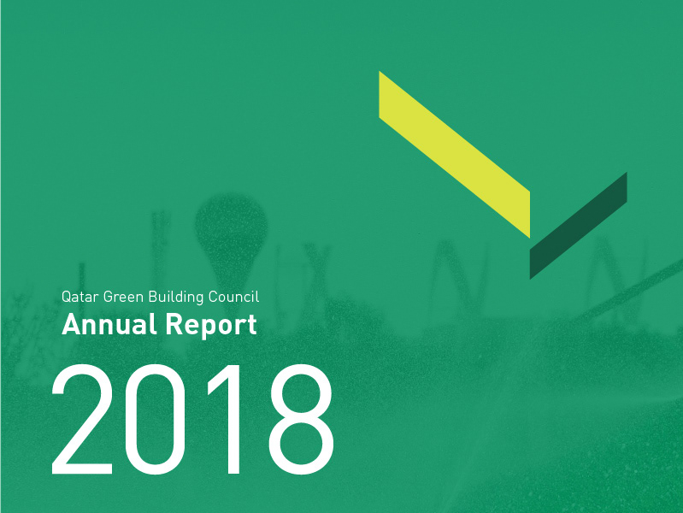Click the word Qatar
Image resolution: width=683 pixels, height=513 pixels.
point(79,297)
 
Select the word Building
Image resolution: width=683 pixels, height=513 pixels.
point(176,298)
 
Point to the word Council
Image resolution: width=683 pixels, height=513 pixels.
point(234,297)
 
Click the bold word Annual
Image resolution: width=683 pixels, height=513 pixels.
point(109,324)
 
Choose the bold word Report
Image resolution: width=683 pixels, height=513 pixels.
point(211,326)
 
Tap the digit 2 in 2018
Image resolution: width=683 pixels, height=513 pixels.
point(82,419)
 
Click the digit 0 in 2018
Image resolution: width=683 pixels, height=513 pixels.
point(155,419)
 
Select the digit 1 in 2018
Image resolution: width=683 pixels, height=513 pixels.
point(224,419)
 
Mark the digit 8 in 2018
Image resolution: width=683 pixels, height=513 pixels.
point(302,419)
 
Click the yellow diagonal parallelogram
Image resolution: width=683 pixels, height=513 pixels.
point(454,155)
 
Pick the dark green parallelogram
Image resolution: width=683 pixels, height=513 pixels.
point(579,226)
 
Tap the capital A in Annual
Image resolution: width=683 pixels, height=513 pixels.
point(70,324)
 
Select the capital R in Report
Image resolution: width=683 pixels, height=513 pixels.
point(173,324)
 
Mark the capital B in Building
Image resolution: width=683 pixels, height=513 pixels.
point(153,298)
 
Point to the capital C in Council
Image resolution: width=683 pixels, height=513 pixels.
point(213,298)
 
